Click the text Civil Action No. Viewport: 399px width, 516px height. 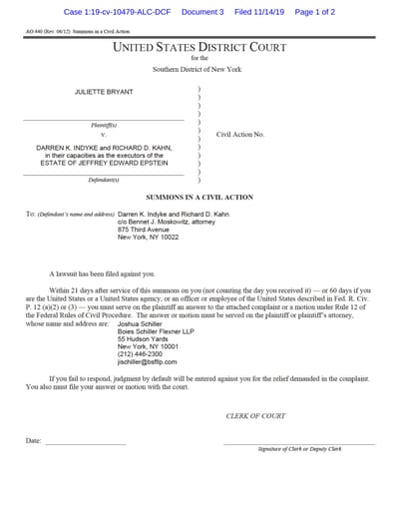[240, 133]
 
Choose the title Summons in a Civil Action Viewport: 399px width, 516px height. [200, 198]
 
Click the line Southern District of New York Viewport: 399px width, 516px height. [199, 69]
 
